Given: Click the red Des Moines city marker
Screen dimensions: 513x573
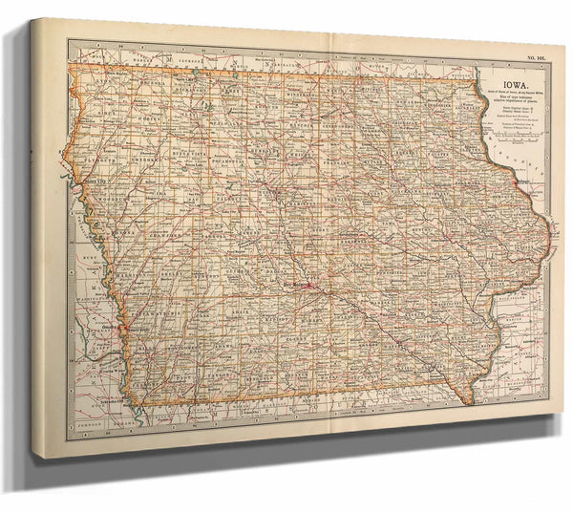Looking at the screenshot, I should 299,284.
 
